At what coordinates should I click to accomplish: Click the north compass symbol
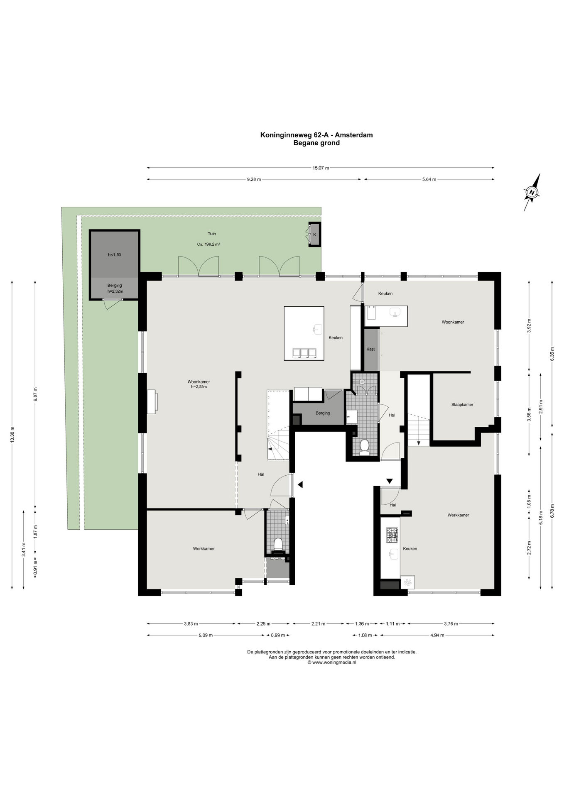coord(532,192)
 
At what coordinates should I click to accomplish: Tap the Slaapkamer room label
coord(462,405)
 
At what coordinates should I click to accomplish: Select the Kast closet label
coord(370,349)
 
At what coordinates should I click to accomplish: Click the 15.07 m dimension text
coord(321,168)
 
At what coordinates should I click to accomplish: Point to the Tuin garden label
coord(212,234)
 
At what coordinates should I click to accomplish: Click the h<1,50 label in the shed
coord(114,255)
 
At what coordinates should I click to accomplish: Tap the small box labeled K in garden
coord(314,235)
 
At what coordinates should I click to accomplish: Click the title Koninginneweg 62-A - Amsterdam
coord(316,135)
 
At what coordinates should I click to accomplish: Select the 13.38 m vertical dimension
coord(12,435)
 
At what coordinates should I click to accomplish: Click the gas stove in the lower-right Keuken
coord(392,535)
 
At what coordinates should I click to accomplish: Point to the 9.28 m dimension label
coord(254,179)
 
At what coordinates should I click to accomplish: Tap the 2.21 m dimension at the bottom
coord(319,623)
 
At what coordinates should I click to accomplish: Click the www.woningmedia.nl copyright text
coord(331,663)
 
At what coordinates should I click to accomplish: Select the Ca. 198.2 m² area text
coord(208,244)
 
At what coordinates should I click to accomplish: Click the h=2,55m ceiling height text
coord(199,387)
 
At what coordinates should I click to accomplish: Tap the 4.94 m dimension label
coord(437,635)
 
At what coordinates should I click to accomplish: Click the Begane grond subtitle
coord(316,143)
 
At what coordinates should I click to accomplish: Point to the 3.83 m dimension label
coord(191,623)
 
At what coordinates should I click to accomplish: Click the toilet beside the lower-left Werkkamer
coord(278,544)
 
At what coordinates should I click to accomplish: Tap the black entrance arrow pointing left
coord(300,484)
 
